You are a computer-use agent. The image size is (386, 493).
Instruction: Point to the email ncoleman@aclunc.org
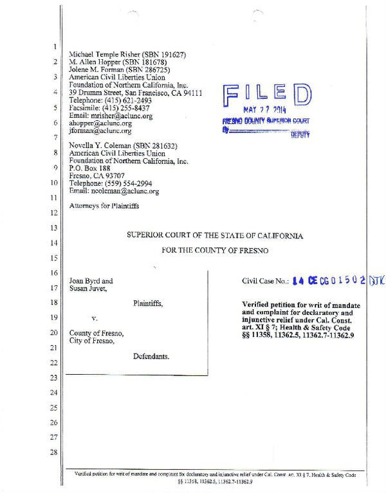click(x=115, y=191)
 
